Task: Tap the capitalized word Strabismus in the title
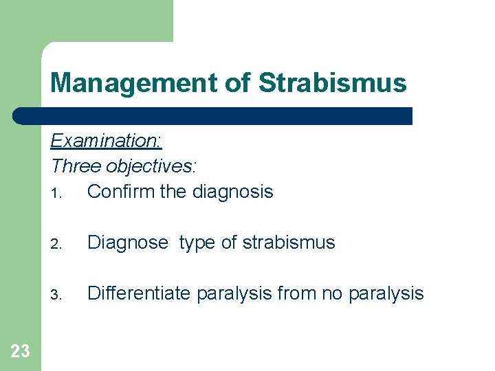click(332, 83)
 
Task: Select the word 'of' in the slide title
click(237, 83)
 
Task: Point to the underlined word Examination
click(106, 141)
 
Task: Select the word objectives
click(151, 166)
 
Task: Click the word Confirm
click(121, 191)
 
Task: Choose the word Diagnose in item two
click(127, 243)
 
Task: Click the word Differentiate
click(140, 293)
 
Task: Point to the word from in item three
click(295, 293)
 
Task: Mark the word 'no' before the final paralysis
click(332, 294)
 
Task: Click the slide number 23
click(21, 351)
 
